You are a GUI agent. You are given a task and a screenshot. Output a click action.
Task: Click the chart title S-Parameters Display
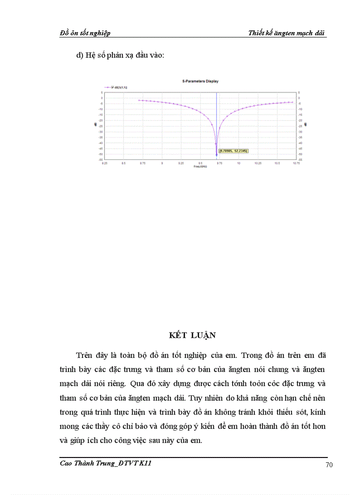pos(200,81)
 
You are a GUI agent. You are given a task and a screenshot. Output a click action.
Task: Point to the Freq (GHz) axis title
pos(200,167)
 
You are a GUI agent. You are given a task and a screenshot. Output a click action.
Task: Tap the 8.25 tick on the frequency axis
pos(105,163)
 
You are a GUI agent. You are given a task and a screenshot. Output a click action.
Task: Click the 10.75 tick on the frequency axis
pos(296,163)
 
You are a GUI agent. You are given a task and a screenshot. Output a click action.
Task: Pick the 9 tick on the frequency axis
pos(162,163)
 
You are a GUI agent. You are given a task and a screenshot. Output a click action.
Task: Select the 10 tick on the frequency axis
pos(239,163)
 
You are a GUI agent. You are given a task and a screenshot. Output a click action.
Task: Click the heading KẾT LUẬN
pos(192,335)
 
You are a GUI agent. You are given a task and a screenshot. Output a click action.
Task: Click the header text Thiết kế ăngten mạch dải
pos(287,33)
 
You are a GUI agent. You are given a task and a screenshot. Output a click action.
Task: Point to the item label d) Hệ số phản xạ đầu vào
pos(120,56)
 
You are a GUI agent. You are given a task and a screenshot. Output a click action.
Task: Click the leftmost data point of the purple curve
pos(139,100)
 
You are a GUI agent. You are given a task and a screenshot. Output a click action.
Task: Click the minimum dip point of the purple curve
pos(217,155)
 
